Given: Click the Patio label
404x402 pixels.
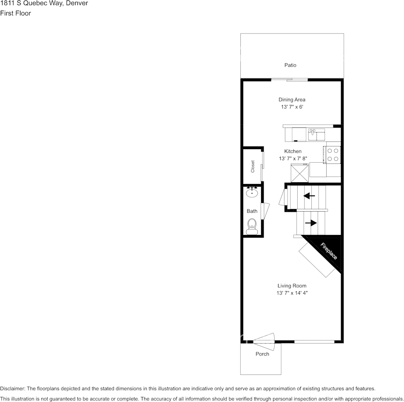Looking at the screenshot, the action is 290,65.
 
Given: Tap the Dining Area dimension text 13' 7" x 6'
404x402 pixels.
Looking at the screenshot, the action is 292,107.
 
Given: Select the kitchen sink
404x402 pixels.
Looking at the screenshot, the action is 317,134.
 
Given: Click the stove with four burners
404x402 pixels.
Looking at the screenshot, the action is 333,155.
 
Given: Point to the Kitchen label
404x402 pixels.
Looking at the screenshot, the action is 293,151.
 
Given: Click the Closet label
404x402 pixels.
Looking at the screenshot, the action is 253,166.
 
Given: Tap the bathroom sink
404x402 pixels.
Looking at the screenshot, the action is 252,192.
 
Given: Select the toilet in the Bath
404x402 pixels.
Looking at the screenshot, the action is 252,226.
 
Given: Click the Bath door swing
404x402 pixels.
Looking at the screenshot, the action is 265,211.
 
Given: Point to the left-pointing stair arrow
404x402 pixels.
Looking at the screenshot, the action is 309,196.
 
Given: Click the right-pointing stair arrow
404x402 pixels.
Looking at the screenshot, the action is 311,223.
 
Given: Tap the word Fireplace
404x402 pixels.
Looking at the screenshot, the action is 328,251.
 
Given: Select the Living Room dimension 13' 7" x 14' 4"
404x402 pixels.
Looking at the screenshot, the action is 292,293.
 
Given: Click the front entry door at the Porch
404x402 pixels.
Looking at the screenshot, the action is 264,342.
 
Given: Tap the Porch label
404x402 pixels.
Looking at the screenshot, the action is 262,354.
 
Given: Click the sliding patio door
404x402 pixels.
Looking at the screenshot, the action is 289,80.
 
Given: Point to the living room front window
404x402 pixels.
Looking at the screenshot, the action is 314,342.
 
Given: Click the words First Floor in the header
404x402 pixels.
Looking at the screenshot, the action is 15,13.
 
